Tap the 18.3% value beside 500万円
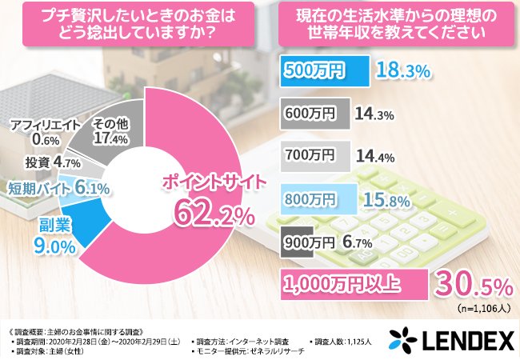[x=403, y=70]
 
